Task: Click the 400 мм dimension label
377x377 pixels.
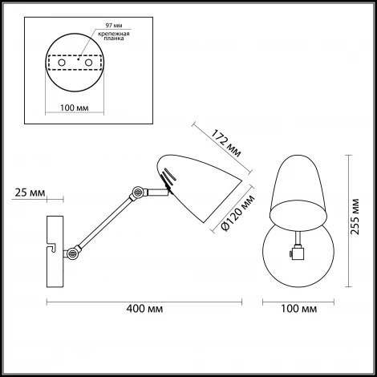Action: (x=144, y=309)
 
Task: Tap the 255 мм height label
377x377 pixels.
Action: (x=355, y=217)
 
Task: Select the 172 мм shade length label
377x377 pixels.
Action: (x=226, y=144)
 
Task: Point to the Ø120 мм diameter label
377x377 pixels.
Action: (x=237, y=213)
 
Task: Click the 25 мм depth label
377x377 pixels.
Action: (x=30, y=193)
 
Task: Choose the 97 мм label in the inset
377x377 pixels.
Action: (x=114, y=26)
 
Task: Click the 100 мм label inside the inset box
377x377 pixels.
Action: (x=74, y=107)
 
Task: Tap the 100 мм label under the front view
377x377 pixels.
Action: (x=298, y=309)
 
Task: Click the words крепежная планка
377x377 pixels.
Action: (x=114, y=36)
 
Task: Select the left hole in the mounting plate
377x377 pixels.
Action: (x=62, y=63)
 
